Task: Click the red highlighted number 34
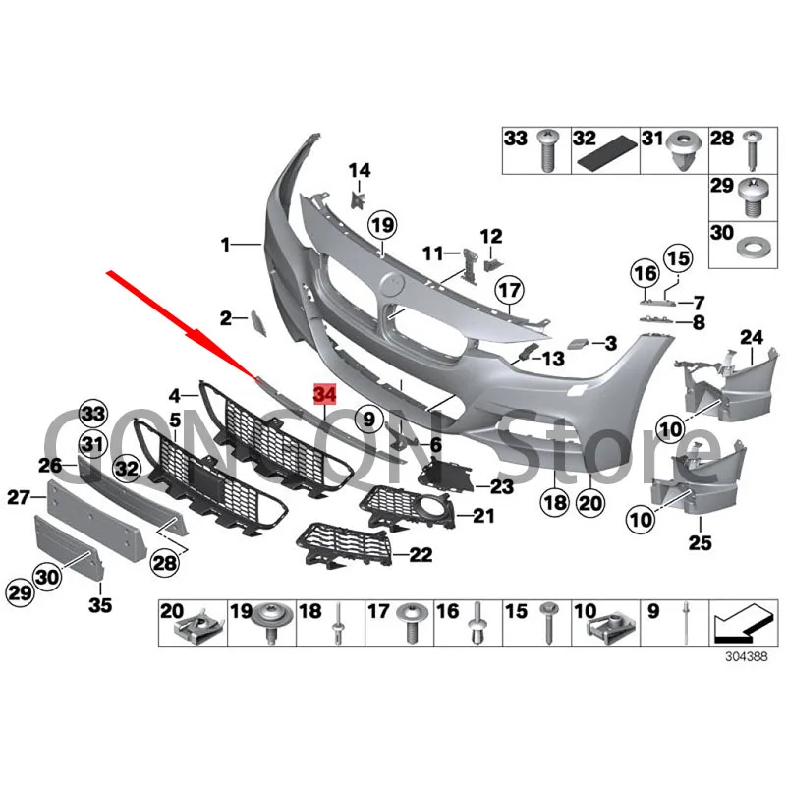coord(324,395)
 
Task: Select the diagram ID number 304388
coord(746,656)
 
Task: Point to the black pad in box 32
coord(605,155)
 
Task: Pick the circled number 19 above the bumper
coord(382,226)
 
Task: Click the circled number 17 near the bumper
coord(509,290)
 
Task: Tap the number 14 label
coord(360,170)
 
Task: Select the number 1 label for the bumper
coord(225,245)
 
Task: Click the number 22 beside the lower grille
coord(421,554)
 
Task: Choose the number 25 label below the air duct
coord(700,542)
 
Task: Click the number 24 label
coord(752,337)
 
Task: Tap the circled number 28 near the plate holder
coord(164,563)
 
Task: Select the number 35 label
coord(100,604)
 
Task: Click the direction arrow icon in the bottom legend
coord(742,622)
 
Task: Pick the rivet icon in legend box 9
coord(685,624)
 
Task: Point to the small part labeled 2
coord(258,323)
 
